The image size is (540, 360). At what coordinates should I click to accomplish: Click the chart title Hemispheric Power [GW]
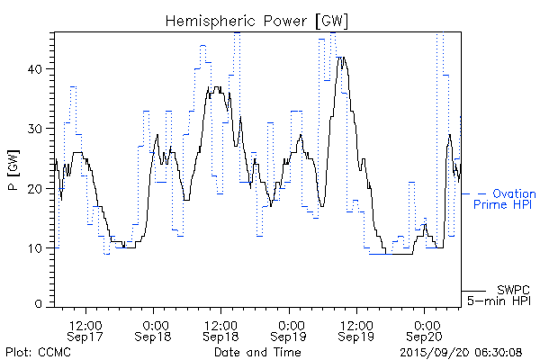click(257, 20)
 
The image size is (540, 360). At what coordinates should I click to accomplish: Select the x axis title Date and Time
click(256, 351)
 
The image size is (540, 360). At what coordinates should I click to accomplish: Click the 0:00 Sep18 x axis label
click(154, 330)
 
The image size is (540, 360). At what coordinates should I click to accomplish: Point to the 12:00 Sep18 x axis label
click(221, 330)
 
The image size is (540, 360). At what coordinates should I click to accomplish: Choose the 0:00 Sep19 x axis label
click(290, 330)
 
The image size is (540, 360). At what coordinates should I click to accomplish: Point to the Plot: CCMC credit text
click(38, 351)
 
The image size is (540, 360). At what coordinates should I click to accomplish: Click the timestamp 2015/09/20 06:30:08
click(462, 351)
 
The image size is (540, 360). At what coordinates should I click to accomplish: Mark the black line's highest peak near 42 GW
click(340, 58)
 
